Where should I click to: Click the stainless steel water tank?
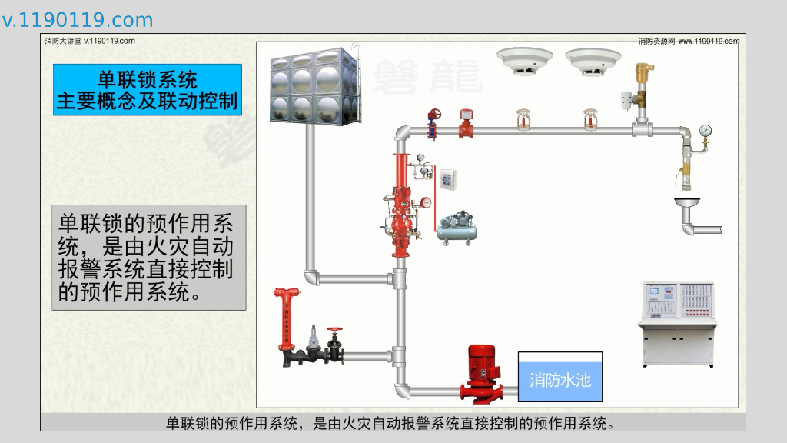(x=315, y=85)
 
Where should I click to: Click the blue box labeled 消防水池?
(x=560, y=377)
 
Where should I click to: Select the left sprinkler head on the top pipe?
(x=523, y=119)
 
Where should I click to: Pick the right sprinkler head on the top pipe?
(x=590, y=119)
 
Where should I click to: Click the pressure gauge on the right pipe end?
(x=706, y=131)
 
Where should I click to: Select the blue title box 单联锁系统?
(x=148, y=90)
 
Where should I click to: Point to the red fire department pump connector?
(x=286, y=323)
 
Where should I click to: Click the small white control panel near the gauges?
(x=448, y=178)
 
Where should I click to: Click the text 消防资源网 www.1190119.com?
(x=689, y=42)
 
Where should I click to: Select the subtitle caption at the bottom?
(x=392, y=423)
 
